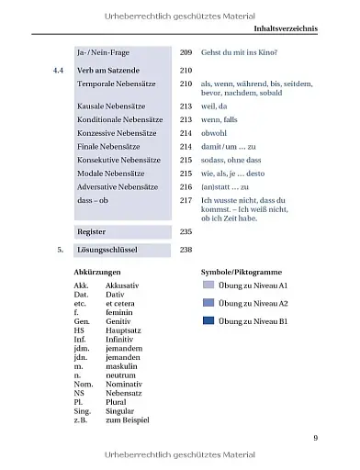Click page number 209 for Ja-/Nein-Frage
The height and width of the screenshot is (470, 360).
(186, 54)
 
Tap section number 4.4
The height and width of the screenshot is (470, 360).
(60, 70)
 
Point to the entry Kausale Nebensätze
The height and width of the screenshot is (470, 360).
(117, 106)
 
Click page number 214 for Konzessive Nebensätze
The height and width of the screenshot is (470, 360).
(186, 133)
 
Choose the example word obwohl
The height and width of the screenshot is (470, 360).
(216, 133)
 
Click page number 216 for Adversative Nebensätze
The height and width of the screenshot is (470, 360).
(186, 186)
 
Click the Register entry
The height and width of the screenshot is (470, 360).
(92, 231)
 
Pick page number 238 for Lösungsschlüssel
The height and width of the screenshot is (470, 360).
(186, 249)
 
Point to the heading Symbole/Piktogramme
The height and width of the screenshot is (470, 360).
(242, 273)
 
